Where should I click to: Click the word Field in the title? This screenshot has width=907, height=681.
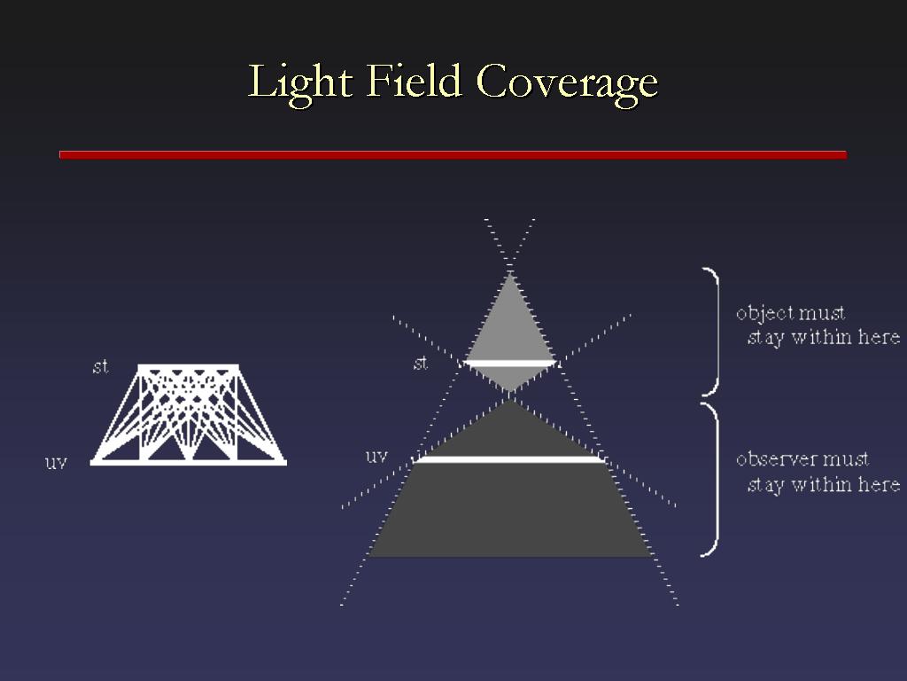(414, 81)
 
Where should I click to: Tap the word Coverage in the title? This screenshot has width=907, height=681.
(567, 84)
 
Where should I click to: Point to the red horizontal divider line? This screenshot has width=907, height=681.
(453, 154)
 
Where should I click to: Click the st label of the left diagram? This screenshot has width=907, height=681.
(101, 366)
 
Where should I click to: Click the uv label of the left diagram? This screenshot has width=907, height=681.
(56, 463)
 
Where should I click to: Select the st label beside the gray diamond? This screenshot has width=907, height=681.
(421, 363)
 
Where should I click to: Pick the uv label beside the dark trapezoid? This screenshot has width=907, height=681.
(376, 457)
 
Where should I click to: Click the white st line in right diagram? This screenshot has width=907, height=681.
(509, 363)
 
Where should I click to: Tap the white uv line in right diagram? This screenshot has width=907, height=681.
(509, 460)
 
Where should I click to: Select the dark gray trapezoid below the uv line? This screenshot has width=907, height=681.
(509, 510)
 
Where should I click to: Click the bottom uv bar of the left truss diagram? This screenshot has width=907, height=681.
(188, 462)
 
